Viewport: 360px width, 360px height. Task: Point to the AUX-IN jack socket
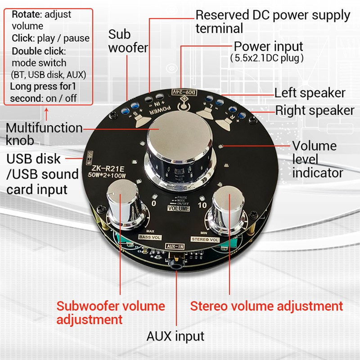click(x=175, y=265)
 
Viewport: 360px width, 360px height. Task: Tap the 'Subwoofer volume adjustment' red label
click(x=111, y=313)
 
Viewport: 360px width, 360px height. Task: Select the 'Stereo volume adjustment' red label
click(x=266, y=306)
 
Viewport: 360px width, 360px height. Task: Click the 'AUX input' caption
click(x=175, y=336)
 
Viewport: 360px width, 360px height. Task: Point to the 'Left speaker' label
click(x=310, y=93)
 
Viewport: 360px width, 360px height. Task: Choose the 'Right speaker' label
click(x=315, y=110)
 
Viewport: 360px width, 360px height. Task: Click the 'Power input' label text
click(x=269, y=46)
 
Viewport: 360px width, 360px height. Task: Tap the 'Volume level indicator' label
click(x=318, y=159)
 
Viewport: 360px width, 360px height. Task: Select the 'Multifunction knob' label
click(x=44, y=134)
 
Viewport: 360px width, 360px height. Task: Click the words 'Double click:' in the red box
click(x=39, y=51)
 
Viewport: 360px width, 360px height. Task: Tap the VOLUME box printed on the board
click(x=179, y=208)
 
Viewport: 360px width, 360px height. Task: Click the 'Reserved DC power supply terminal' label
click(x=273, y=21)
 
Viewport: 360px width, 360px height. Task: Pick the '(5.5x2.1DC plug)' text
click(x=267, y=58)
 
